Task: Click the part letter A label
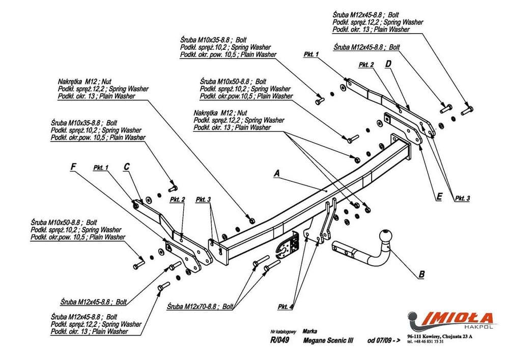(x=277, y=174)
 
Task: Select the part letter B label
(x=421, y=275)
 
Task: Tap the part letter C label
(x=127, y=167)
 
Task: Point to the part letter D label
(x=388, y=64)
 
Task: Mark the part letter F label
(x=73, y=167)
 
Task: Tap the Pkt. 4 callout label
(x=285, y=307)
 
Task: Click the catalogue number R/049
(x=280, y=341)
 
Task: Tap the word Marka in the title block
(x=309, y=330)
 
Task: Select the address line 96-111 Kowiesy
(x=440, y=337)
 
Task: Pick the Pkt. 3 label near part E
(x=463, y=198)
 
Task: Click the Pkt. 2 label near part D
(x=366, y=65)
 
